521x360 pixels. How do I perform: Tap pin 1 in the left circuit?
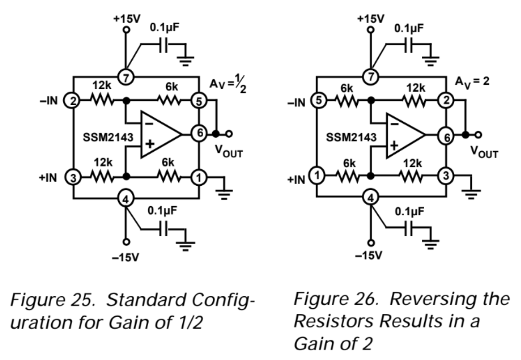199,178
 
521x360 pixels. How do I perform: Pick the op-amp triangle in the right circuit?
402,136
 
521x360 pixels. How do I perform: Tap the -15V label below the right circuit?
371,256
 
